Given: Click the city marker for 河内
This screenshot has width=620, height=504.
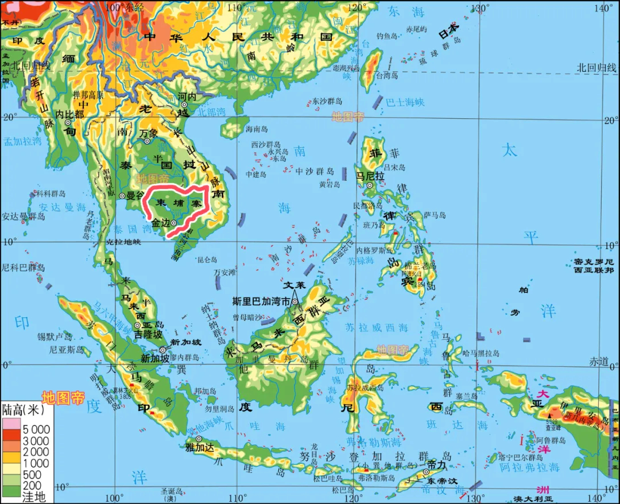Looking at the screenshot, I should [184, 104].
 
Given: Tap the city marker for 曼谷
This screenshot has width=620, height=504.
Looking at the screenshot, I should [122, 196].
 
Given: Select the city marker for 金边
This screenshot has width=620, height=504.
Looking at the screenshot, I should [173, 223].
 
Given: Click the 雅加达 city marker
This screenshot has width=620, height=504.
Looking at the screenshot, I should [199, 439].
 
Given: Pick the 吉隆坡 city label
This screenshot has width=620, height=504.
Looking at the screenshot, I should [148, 334].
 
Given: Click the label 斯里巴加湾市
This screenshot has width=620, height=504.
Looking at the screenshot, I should [262, 300].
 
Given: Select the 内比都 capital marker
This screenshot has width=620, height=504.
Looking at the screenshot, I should [68, 122].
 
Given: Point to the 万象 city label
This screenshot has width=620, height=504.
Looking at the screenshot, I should [148, 133].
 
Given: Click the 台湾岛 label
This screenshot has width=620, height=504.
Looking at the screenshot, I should [386, 75].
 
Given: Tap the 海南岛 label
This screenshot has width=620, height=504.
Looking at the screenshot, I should [257, 129].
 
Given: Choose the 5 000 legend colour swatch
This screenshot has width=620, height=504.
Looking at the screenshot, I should [11, 429].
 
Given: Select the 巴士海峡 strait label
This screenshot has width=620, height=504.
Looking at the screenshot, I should [405, 102].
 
